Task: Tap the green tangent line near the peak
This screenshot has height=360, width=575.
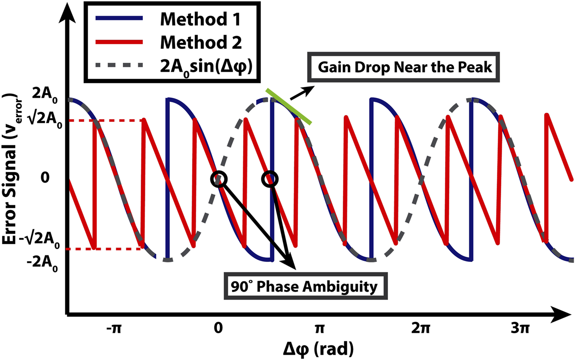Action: click(289, 106)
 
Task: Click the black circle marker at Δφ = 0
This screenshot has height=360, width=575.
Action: click(220, 179)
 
